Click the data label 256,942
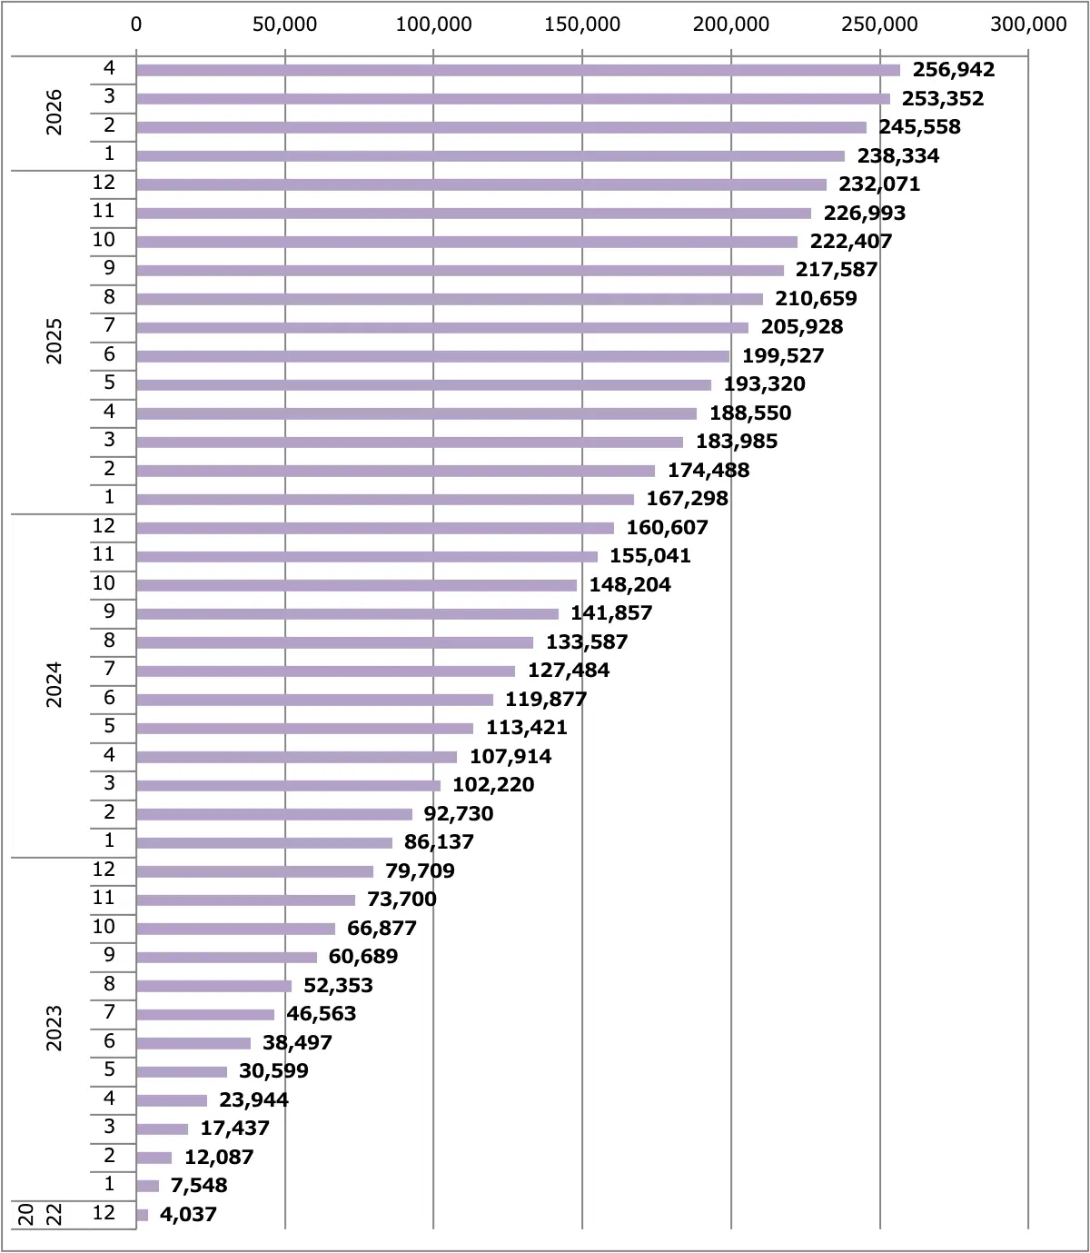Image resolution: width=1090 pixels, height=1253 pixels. pyautogui.click(x=953, y=70)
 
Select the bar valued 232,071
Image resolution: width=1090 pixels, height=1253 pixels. pyautogui.click(x=481, y=184)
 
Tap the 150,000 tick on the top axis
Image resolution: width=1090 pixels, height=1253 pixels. pyautogui.click(x=582, y=25)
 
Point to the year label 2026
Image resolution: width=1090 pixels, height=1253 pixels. pyautogui.click(x=54, y=112)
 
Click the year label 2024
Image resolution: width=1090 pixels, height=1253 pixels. pyautogui.click(x=54, y=685)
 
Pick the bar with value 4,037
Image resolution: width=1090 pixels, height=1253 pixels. pyautogui.click(x=142, y=1215)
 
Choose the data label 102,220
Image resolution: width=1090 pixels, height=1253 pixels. pyautogui.click(x=492, y=784)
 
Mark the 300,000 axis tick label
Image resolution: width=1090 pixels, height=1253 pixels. pyautogui.click(x=1029, y=25)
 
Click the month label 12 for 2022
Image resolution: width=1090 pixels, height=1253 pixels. pyautogui.click(x=104, y=1213)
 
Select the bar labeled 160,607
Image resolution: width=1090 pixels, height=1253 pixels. pyautogui.click(x=375, y=528)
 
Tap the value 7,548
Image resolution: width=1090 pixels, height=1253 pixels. pyautogui.click(x=199, y=1186)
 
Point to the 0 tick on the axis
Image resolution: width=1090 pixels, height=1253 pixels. pyautogui.click(x=136, y=25)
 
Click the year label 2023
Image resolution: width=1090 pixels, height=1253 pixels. pyautogui.click(x=54, y=1029)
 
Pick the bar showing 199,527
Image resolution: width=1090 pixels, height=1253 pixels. pyautogui.click(x=432, y=356)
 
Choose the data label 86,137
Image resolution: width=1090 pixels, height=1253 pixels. pyautogui.click(x=439, y=842)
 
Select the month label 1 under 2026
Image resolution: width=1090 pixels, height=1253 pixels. pyautogui.click(x=109, y=153)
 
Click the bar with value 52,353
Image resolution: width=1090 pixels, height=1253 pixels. pyautogui.click(x=213, y=986)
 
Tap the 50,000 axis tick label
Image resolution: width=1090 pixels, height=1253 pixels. pyautogui.click(x=284, y=25)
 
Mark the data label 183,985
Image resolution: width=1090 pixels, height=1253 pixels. pyautogui.click(x=737, y=441)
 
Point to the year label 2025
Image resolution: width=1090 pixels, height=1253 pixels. pyautogui.click(x=54, y=341)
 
